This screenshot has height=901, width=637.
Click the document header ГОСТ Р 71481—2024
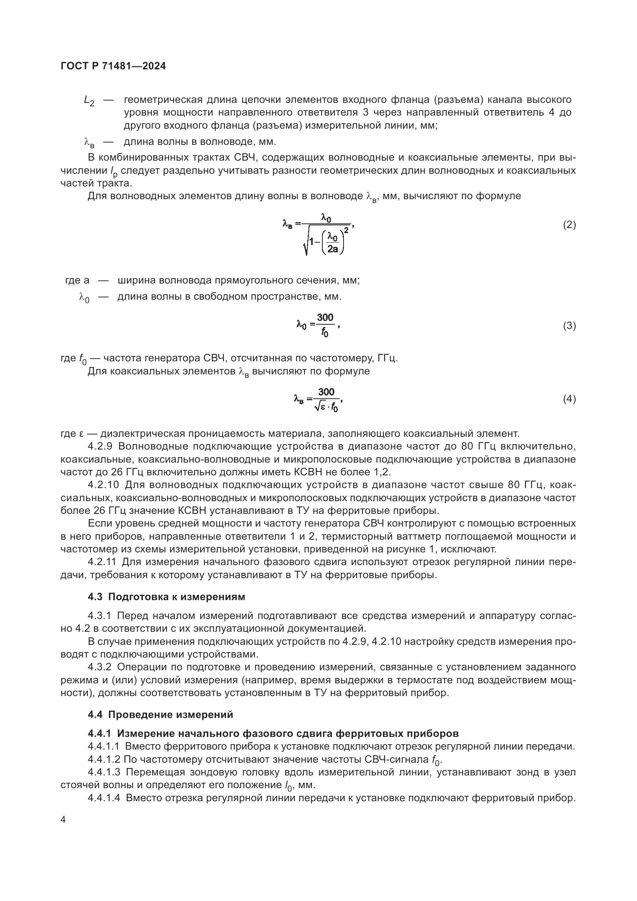(x=113, y=66)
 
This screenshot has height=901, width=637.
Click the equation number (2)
(x=569, y=225)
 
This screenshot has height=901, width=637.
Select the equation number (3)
(x=569, y=326)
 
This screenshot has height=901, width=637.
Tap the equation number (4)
(x=569, y=399)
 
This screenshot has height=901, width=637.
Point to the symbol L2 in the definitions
(x=89, y=101)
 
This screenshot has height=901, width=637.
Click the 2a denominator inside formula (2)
(x=333, y=249)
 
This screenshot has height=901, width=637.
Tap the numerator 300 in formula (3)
(x=325, y=317)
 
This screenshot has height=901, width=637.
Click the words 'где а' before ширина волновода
(x=77, y=280)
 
